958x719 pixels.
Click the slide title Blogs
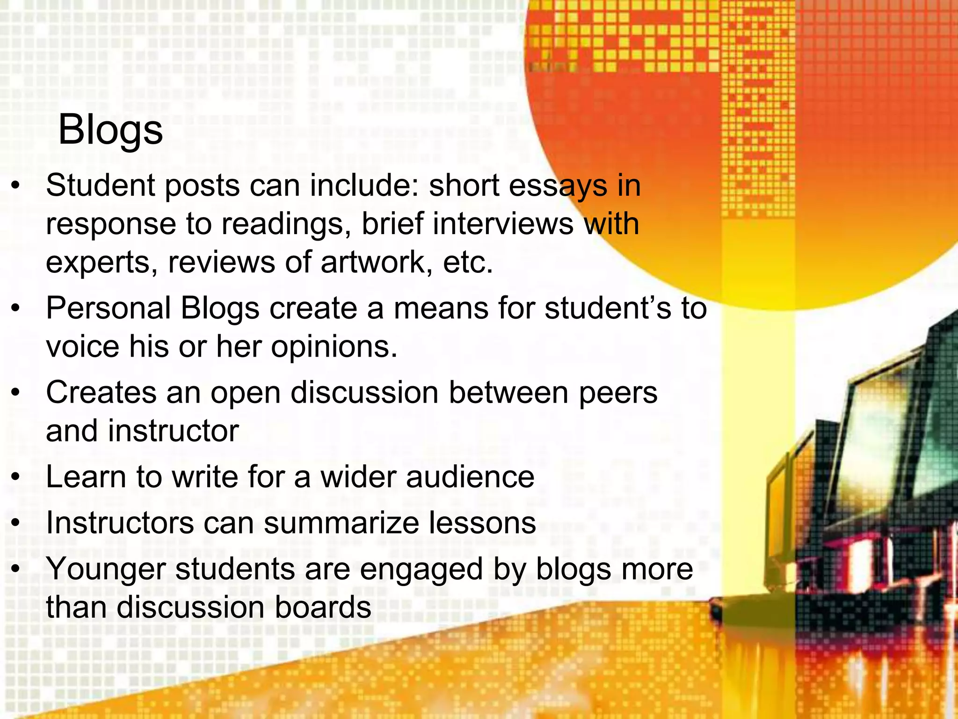coord(110,131)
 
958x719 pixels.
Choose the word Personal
coord(108,309)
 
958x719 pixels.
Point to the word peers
coord(618,393)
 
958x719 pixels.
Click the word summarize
coord(341,523)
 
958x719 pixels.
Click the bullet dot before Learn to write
coord(16,477)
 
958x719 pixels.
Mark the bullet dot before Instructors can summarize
coord(16,523)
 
